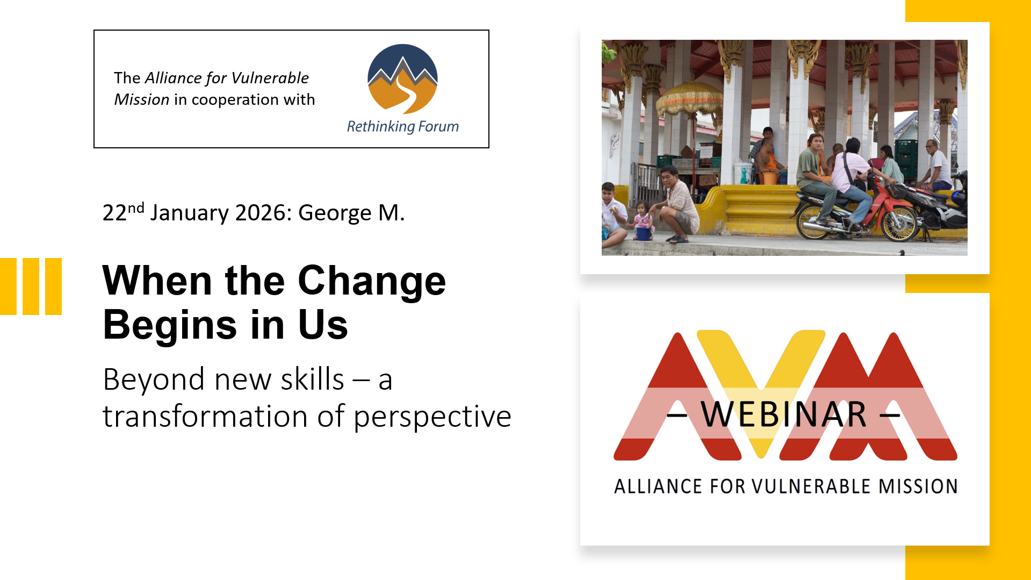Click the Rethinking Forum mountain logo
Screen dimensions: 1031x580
402,79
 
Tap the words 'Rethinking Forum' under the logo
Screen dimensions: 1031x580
403,127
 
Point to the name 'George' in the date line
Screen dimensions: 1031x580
335,213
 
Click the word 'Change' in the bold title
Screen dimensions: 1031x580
372,281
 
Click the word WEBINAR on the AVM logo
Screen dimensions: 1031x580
784,414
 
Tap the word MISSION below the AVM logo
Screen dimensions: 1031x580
918,486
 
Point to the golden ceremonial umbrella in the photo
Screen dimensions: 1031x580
690,99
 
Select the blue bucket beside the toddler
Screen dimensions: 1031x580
644,233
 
